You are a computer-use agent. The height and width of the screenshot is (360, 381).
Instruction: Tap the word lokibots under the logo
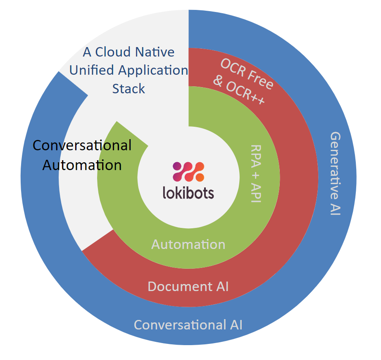click(188, 193)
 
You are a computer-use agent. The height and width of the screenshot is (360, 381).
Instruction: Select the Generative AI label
click(336, 174)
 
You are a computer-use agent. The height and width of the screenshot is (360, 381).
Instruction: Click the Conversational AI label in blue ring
click(188, 325)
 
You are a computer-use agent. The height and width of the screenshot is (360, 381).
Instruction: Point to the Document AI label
click(188, 286)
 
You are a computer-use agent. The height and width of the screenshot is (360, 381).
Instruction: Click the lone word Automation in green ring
click(188, 244)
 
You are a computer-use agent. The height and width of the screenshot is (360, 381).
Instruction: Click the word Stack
click(129, 89)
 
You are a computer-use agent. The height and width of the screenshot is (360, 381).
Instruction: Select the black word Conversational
click(82, 145)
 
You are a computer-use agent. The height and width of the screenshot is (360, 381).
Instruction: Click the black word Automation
click(82, 165)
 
